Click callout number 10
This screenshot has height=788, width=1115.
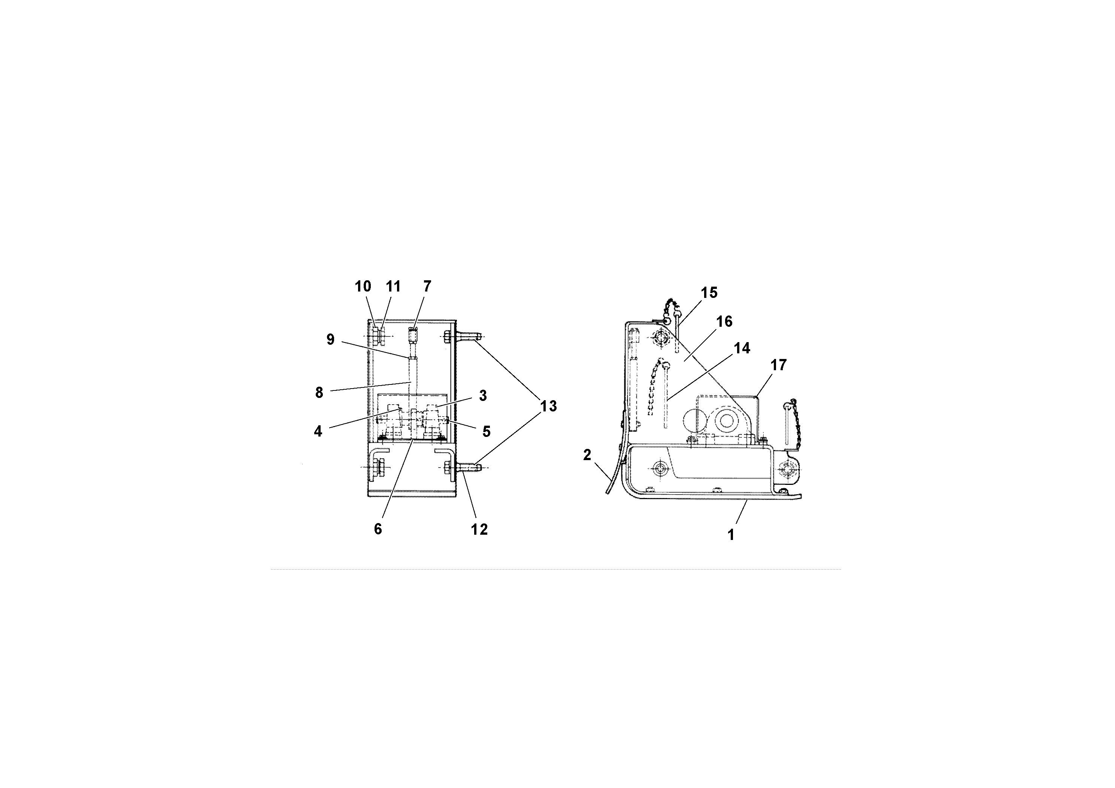coord(363,287)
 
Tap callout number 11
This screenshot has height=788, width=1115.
coord(393,287)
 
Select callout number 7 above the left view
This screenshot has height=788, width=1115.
coord(427,287)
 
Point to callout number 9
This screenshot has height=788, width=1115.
coord(330,339)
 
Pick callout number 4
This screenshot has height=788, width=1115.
coord(318,431)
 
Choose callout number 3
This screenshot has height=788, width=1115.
coord(483,395)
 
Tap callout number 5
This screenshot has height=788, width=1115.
coord(486,431)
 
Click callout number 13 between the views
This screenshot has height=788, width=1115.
coord(548,406)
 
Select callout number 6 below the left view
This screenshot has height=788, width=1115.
coord(378,529)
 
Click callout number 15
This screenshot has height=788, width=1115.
coord(709,293)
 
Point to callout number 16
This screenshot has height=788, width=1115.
coord(724,321)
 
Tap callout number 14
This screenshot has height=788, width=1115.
coord(742,348)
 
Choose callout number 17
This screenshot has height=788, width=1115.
coord(778,365)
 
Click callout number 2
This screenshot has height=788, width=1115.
coord(587,455)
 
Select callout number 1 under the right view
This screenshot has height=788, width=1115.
coord(731,535)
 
